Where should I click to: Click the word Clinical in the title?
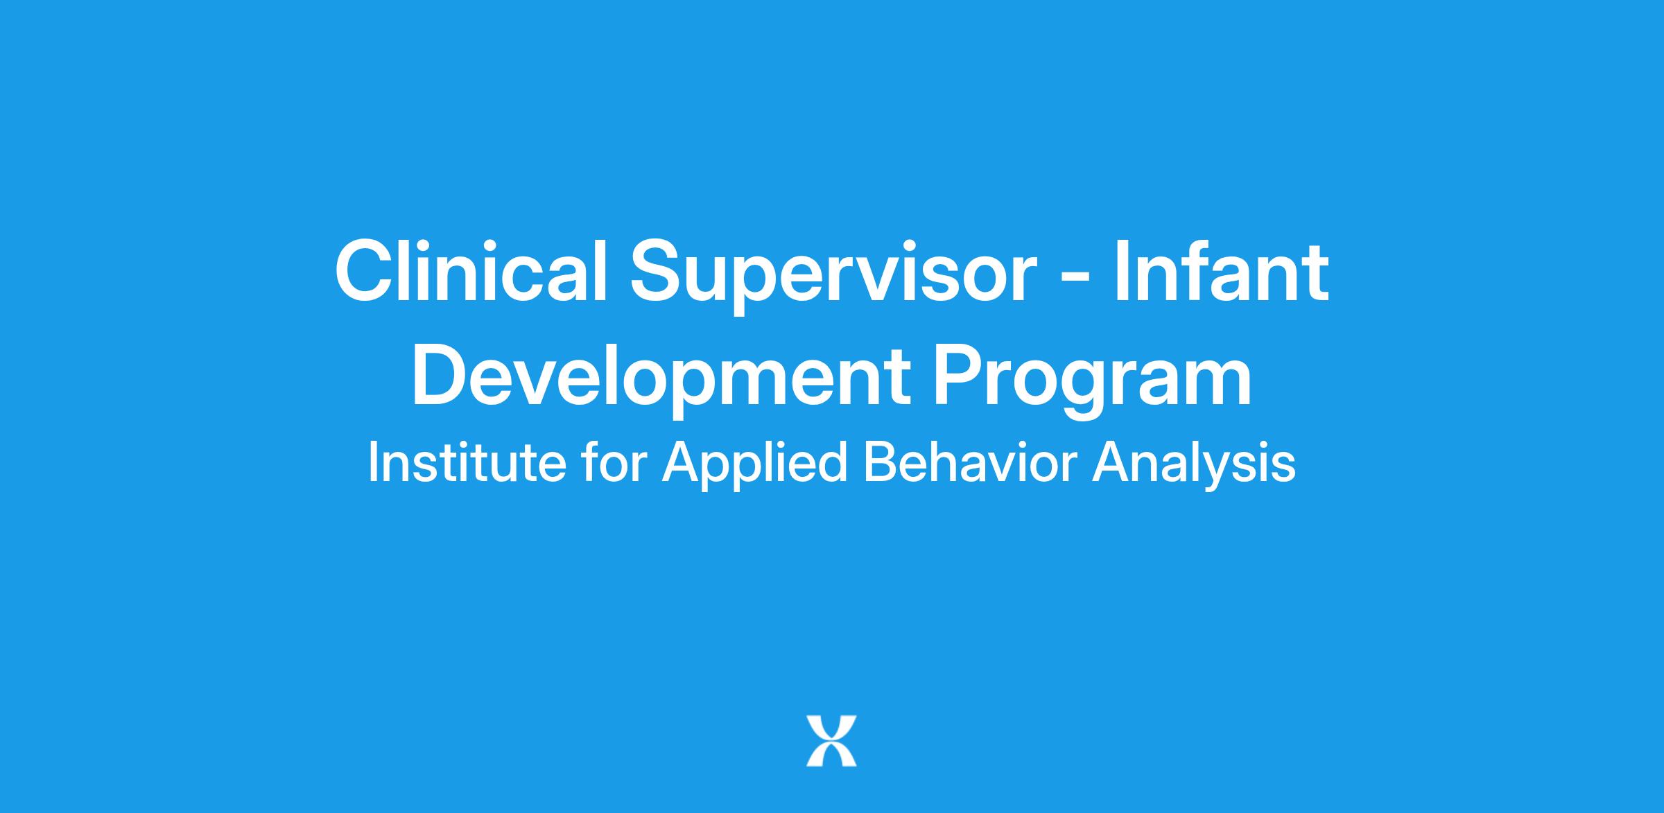(x=471, y=271)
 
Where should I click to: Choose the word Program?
(x=1093, y=380)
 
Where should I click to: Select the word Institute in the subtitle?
(x=467, y=462)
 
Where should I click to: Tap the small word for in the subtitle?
(x=615, y=462)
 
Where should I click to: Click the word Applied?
(x=754, y=465)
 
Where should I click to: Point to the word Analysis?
(x=1193, y=465)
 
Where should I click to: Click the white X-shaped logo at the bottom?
(x=831, y=741)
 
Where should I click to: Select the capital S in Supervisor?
(x=659, y=271)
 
